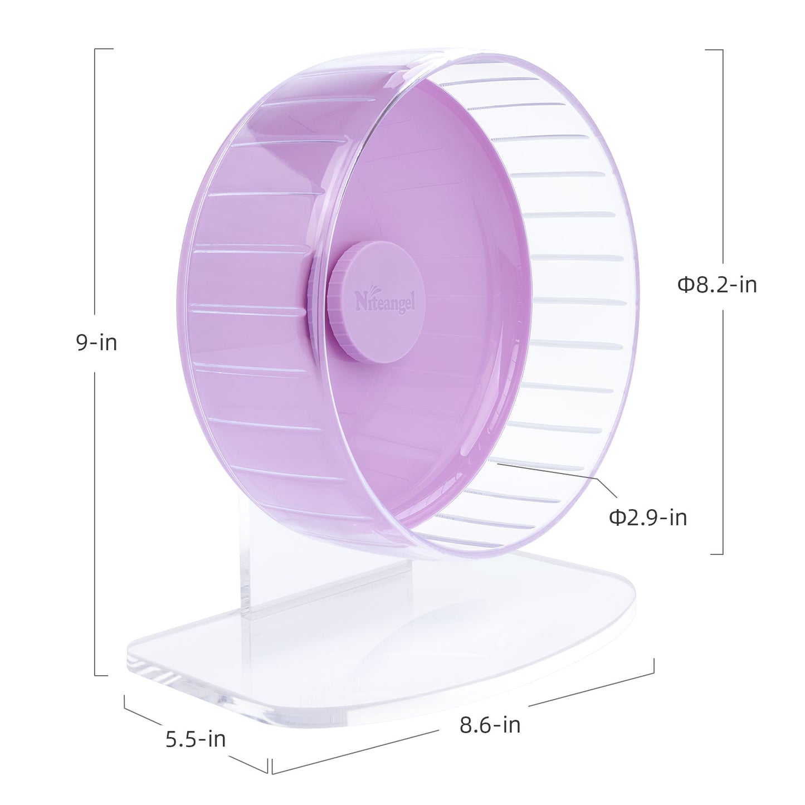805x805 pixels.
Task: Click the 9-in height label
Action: pos(97,343)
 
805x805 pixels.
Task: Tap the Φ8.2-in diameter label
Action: pos(717,285)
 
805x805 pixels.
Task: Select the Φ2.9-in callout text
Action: pos(648,518)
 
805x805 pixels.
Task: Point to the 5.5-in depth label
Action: pos(196,739)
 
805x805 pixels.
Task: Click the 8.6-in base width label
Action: pos(490,725)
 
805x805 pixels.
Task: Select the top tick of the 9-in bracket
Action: pos(104,49)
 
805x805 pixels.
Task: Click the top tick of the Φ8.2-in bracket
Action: pos(714,50)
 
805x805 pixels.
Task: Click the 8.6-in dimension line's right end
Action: pos(653,666)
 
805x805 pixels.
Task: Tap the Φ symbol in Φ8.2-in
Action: pos(684,285)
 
